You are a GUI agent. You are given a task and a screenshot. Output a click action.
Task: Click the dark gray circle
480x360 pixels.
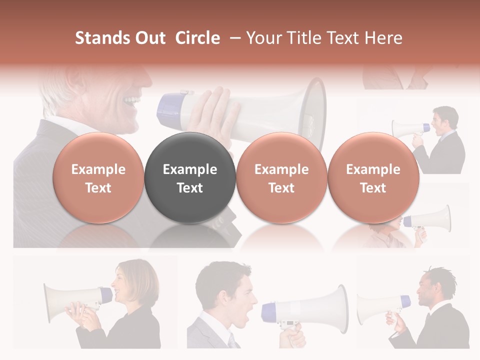click(189, 178)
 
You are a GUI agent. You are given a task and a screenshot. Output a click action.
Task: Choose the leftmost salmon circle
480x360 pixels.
click(98, 178)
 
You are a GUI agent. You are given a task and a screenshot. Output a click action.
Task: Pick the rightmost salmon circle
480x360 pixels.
click(373, 178)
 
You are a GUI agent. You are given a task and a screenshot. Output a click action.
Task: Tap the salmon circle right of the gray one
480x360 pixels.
click(281, 178)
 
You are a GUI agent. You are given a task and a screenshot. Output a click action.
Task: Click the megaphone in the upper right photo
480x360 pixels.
click(407, 128)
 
